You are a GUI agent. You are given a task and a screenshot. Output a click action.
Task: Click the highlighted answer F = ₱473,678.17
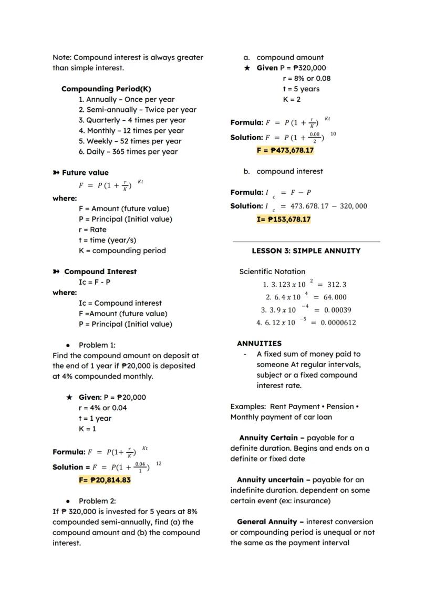click(285, 150)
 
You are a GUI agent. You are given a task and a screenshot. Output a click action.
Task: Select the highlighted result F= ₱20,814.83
click(105, 480)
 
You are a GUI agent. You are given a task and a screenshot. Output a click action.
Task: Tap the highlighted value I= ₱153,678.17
click(283, 220)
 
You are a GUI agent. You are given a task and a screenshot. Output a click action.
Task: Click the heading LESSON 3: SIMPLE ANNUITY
click(306, 251)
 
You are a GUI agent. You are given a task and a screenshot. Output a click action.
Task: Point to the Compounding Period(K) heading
click(106, 89)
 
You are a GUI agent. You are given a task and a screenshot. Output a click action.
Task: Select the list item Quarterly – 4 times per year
click(132, 120)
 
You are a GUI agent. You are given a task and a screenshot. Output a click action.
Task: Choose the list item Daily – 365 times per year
click(128, 152)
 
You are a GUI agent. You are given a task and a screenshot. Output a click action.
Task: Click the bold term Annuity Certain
click(272, 438)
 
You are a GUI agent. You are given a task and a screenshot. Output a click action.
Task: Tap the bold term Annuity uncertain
click(270, 480)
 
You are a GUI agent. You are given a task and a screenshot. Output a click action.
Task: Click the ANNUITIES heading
click(259, 344)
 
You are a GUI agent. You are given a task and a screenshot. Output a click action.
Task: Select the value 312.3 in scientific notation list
click(336, 285)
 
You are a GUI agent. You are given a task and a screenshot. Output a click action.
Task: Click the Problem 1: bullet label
click(97, 345)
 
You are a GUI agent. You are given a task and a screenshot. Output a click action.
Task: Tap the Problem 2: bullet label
click(97, 501)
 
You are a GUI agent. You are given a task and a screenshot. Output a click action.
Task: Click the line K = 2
click(292, 99)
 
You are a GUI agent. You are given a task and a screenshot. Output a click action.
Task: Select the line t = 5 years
click(301, 89)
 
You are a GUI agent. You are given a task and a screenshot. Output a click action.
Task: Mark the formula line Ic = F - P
click(95, 282)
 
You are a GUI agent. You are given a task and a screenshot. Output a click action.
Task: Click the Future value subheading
click(85, 173)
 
